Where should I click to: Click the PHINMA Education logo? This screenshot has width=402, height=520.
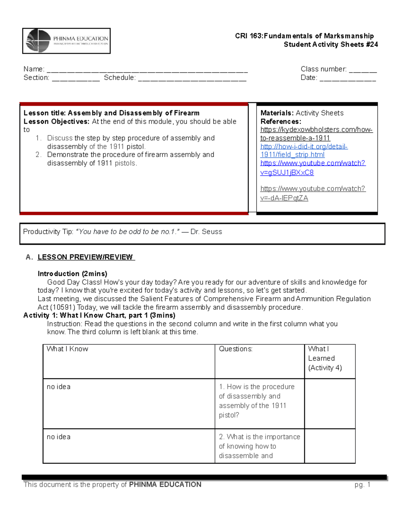(66, 41)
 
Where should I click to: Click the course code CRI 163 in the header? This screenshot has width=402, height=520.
(249, 36)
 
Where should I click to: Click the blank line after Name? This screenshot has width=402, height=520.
(147, 70)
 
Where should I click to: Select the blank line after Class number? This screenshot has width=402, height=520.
(363, 70)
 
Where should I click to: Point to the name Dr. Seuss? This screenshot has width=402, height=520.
(206, 232)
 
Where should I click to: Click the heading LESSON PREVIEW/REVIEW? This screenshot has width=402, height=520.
(85, 257)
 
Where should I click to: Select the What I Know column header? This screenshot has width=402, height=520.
(67, 349)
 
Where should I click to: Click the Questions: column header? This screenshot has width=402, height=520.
(236, 349)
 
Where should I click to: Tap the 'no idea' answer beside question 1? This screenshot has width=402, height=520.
(59, 387)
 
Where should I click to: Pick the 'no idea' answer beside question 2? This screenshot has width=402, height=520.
(59, 437)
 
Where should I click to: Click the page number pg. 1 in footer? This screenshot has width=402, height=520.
(362, 485)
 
